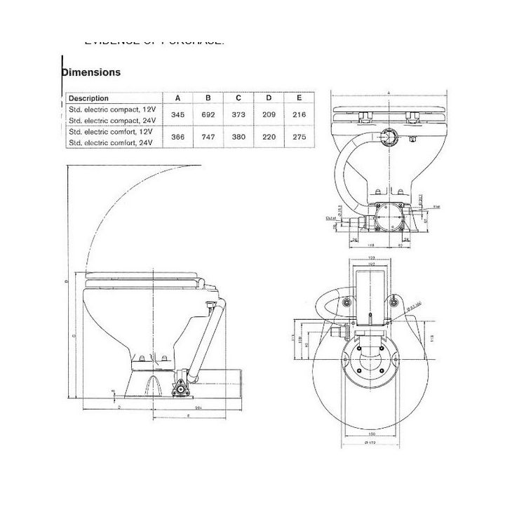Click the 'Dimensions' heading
91,72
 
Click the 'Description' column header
88,98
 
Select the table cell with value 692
208,114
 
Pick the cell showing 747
208,137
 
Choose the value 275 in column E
300,137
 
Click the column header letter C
238,98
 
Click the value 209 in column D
269,114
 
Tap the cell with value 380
238,137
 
